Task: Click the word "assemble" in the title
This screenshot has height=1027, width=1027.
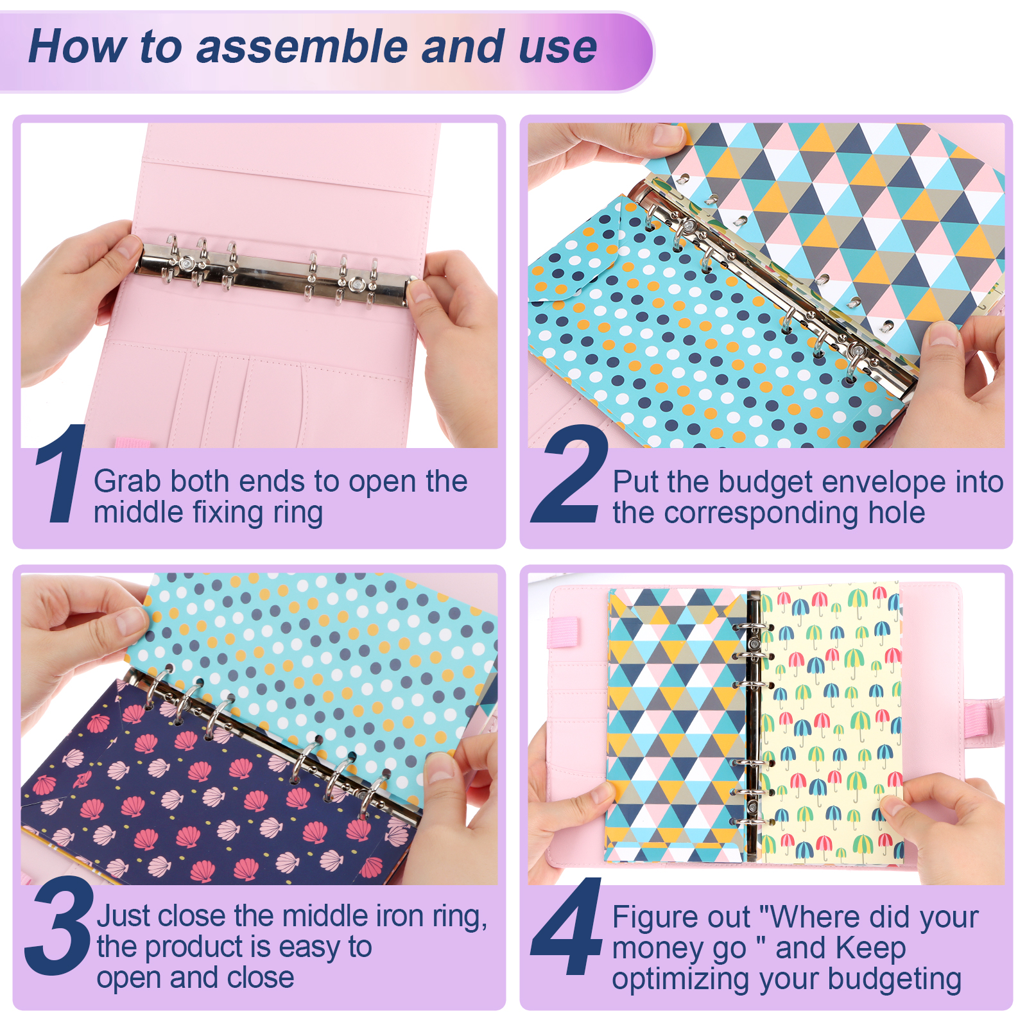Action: click(x=302, y=46)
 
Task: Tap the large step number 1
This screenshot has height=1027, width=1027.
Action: click(x=61, y=473)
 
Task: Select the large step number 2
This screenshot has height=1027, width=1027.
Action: click(x=569, y=473)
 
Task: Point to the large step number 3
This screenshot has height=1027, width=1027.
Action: click(x=59, y=926)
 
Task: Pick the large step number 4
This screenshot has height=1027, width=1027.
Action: click(x=567, y=926)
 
